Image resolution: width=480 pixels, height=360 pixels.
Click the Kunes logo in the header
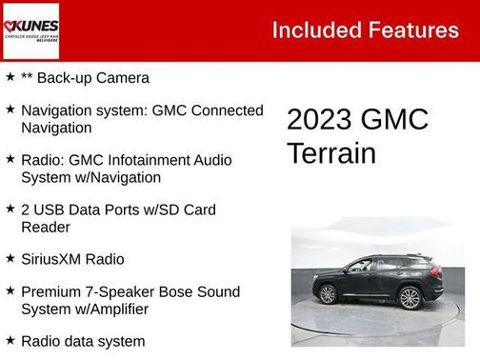30,30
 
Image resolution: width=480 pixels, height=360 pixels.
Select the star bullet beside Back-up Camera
10,77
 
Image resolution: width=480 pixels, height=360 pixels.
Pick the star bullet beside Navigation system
10,110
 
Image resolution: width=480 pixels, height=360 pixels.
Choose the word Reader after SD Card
44,227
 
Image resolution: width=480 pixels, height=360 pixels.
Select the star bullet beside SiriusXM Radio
10,259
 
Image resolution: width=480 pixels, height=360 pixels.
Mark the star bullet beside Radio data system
10,341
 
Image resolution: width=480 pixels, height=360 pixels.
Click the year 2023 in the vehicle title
320,120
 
